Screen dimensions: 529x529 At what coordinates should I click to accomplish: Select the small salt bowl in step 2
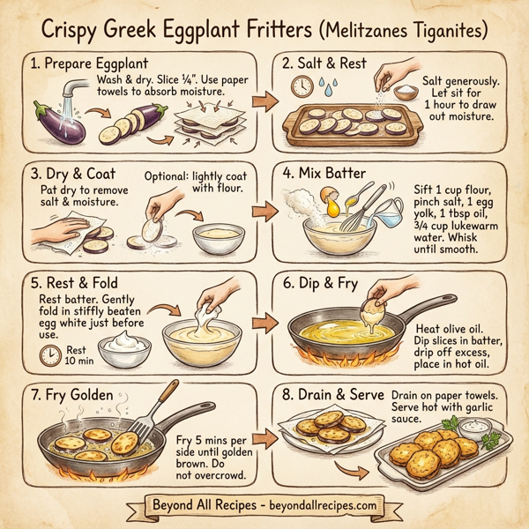click(406, 94)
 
